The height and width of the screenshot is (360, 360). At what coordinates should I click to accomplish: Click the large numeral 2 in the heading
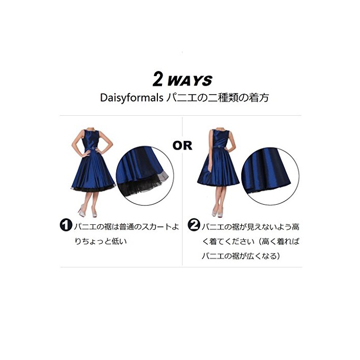click(157, 79)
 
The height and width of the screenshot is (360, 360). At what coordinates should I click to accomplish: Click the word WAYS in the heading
click(190, 81)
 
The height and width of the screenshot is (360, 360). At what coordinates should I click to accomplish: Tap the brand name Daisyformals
click(132, 98)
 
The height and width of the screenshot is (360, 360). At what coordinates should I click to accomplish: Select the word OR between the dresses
click(182, 146)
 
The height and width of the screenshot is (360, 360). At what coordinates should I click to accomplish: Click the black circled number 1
click(66, 225)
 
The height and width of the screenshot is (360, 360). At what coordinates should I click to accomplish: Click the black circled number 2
click(194, 225)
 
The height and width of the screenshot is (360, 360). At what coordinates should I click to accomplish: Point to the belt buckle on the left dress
click(93, 148)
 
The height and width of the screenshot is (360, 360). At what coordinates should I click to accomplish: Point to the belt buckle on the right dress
click(219, 146)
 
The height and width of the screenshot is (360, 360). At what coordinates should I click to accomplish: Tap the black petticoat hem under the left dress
click(94, 189)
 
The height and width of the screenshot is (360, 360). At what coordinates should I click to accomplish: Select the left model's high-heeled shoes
click(88, 211)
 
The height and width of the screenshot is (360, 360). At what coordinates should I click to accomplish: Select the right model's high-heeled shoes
click(217, 211)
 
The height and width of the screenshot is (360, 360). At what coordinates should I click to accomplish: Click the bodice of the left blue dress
click(91, 139)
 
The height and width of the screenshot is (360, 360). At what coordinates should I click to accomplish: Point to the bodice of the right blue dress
click(220, 138)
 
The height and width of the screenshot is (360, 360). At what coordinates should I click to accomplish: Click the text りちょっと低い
click(101, 242)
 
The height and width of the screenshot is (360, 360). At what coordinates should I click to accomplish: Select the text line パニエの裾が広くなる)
click(241, 256)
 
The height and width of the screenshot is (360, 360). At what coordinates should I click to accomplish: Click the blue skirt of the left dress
click(93, 170)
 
